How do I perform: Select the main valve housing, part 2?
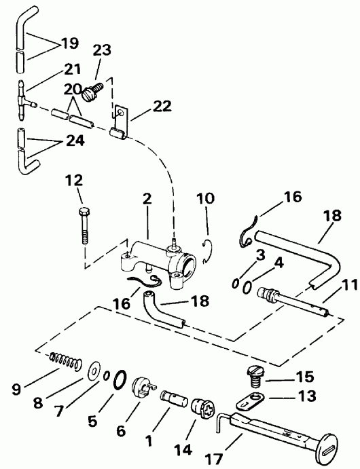tap(160, 255)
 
